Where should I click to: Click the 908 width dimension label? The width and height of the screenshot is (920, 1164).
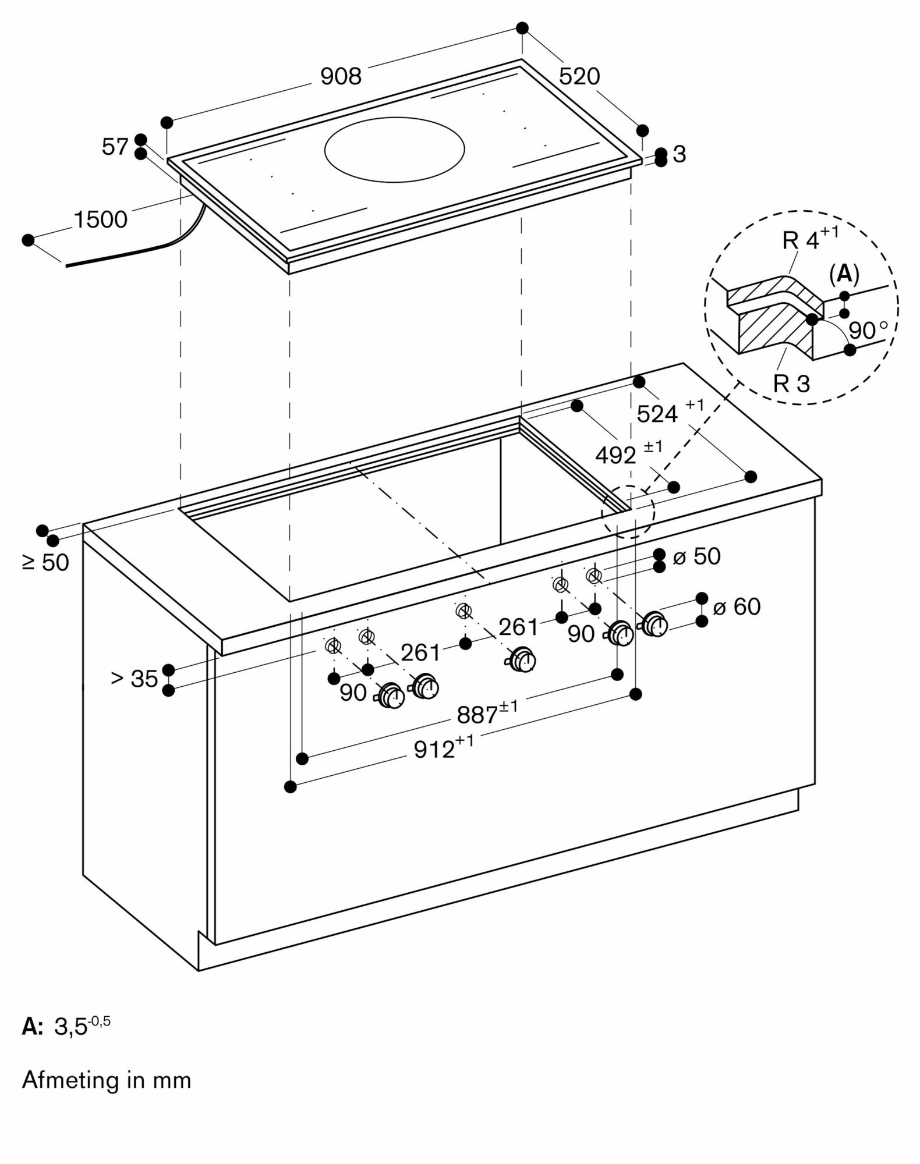341,76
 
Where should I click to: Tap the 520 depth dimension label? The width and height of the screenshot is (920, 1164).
579,76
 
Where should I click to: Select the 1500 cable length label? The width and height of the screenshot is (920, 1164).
100,219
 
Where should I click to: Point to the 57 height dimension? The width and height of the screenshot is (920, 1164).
115,147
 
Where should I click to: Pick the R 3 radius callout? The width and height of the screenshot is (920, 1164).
791,384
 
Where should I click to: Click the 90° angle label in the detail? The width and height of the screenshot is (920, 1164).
868,330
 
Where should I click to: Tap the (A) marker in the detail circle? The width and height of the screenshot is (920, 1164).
844,274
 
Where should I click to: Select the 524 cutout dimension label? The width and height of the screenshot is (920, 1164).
657,414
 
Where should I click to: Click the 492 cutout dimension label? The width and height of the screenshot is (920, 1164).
615,455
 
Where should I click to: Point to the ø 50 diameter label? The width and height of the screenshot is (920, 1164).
697,556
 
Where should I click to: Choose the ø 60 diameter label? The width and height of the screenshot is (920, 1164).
737,607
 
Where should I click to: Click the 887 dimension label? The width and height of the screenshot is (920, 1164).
478,715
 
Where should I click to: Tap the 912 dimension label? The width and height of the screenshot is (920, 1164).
434,750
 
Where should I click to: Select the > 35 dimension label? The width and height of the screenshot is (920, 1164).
135,679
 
